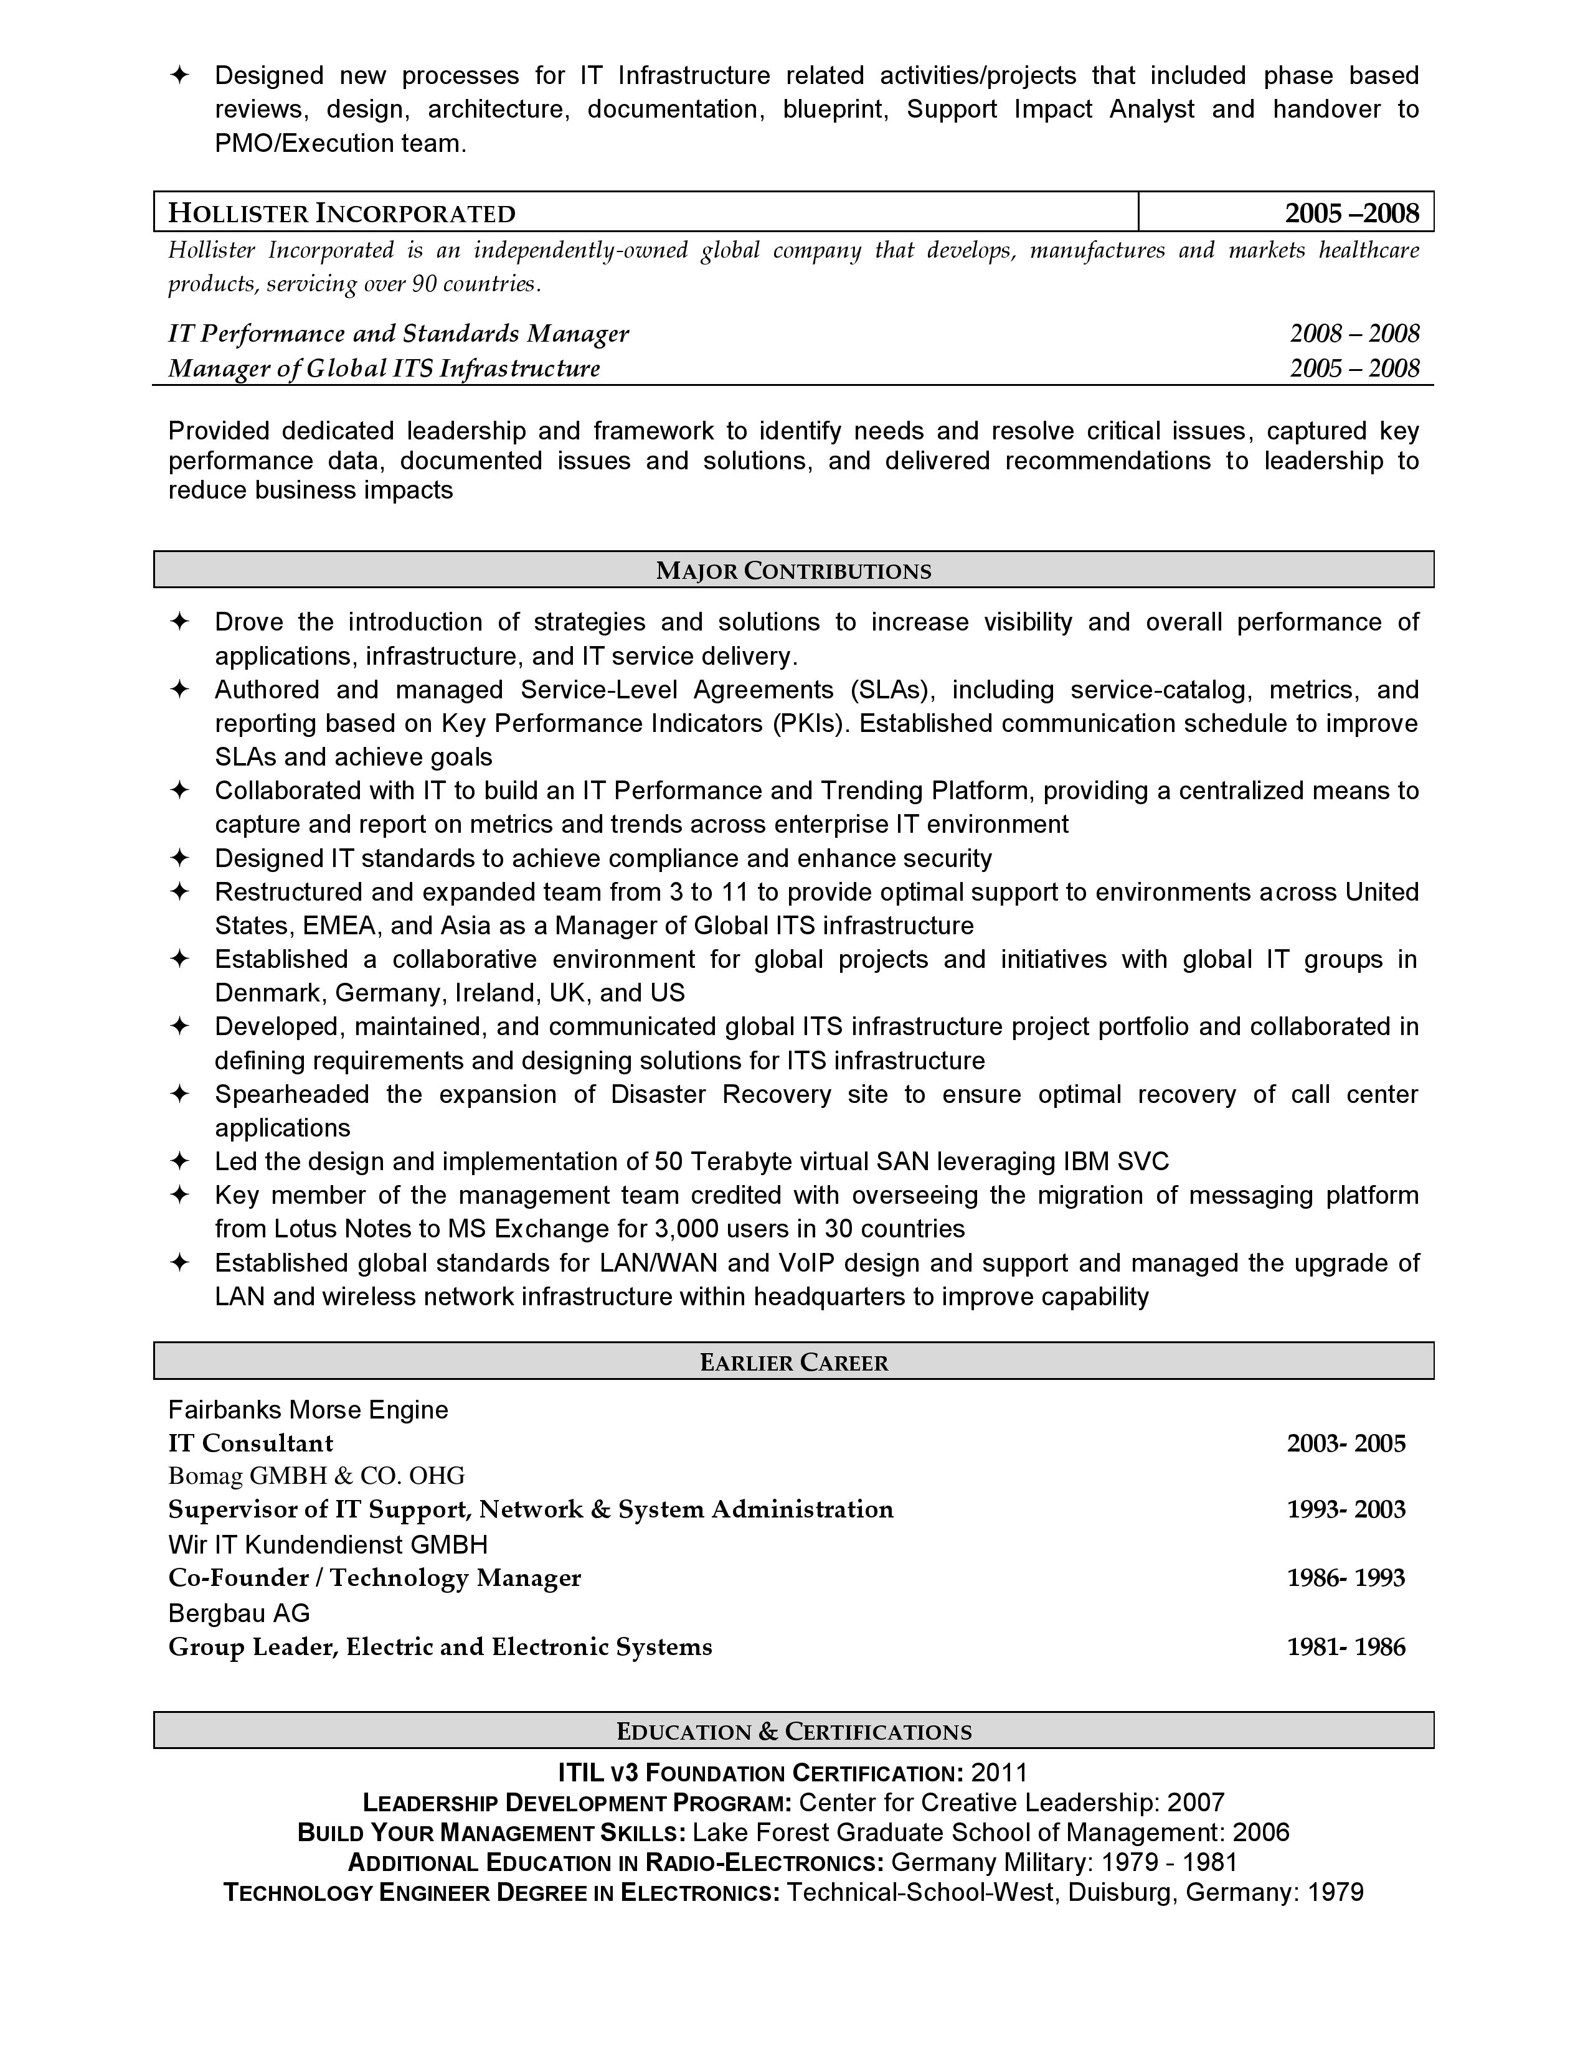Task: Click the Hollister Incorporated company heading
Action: pyautogui.click(x=341, y=213)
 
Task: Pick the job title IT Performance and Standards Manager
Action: pyautogui.click(x=398, y=334)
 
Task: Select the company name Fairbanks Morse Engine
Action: pyautogui.click(x=308, y=1410)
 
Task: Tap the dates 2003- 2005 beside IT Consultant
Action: pyautogui.click(x=1345, y=1443)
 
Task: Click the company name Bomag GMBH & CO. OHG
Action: pyautogui.click(x=316, y=1476)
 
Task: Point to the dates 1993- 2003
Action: pyautogui.click(x=1345, y=1509)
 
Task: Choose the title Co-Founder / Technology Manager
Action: pyautogui.click(x=374, y=1577)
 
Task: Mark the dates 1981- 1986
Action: pyautogui.click(x=1345, y=1647)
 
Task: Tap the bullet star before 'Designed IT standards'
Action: pyautogui.click(x=179, y=858)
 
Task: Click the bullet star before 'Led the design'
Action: pyautogui.click(x=179, y=1161)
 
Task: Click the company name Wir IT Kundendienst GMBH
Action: pyautogui.click(x=328, y=1544)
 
